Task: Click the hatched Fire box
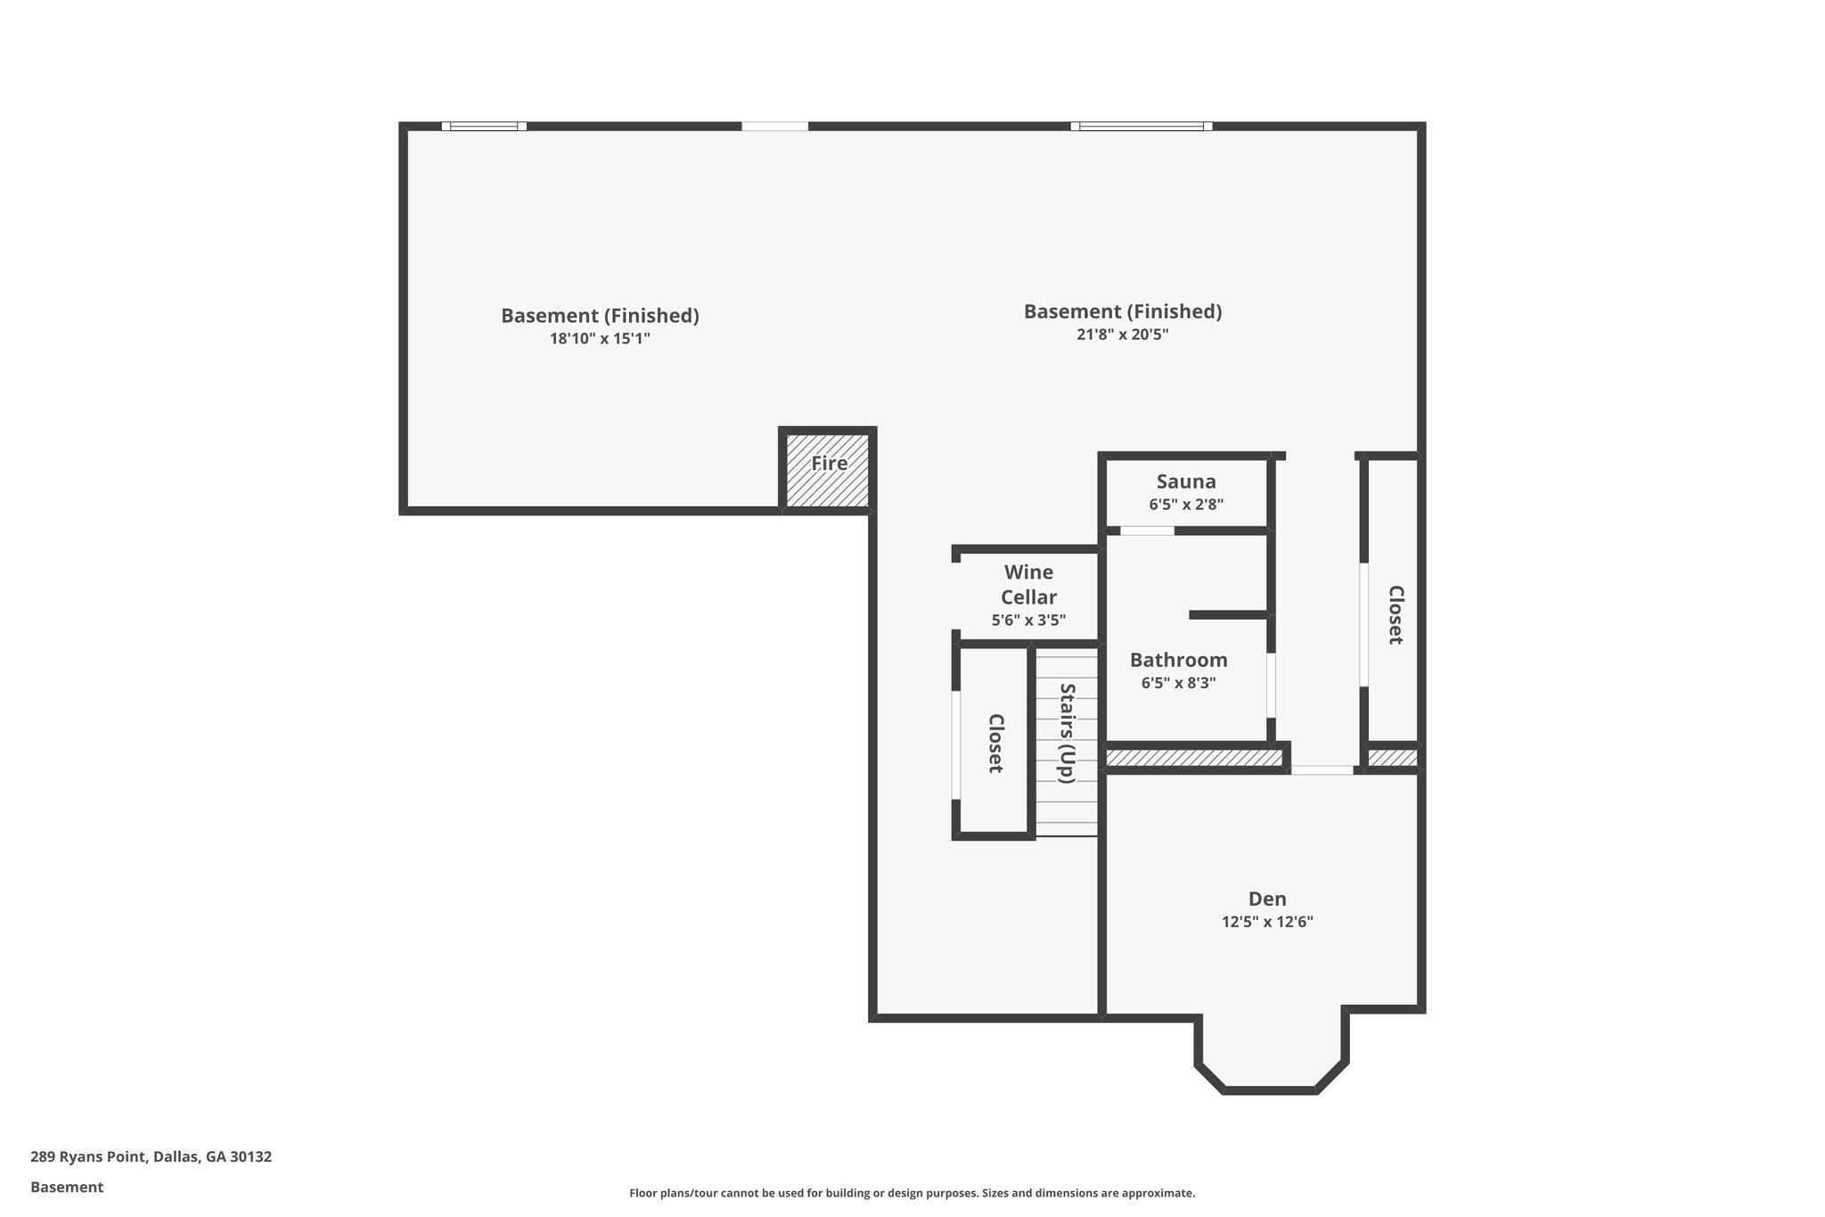coord(828,471)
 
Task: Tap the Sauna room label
coord(1185,481)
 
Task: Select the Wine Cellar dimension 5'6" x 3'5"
coord(1028,620)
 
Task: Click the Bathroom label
coord(1178,660)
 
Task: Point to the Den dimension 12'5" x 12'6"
coord(1266,922)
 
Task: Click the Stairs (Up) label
coord(1067,733)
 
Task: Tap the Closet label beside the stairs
coord(995,743)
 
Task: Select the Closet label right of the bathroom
coord(1395,614)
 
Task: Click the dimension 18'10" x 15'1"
coord(600,339)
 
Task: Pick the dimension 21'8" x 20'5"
coord(1122,334)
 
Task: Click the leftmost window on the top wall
coord(484,127)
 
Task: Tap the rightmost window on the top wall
coord(1141,127)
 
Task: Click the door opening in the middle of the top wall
coord(774,127)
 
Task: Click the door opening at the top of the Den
coord(1322,769)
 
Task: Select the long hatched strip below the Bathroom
coord(1193,758)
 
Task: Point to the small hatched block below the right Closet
coord(1391,758)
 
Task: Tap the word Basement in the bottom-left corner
coord(67,1187)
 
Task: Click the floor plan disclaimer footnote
coord(912,1193)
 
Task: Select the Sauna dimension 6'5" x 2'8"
coord(1185,504)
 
